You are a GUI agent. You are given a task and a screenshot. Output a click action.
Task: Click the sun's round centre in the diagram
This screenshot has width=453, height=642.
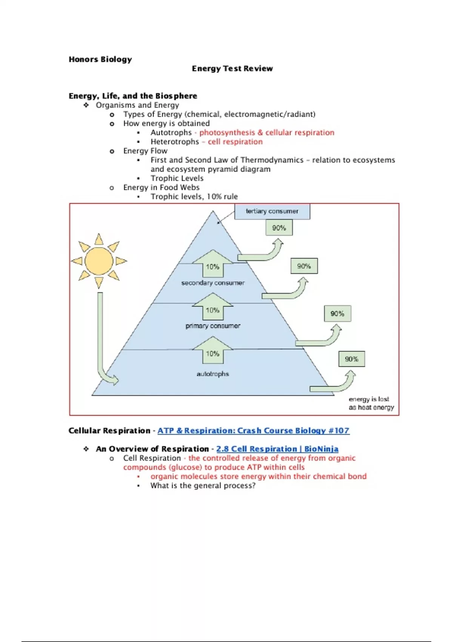pos(99,261)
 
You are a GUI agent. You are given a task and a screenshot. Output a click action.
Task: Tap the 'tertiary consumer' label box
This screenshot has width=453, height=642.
pos(272,211)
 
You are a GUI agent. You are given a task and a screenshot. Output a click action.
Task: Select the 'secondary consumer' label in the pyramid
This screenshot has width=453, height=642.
pos(213,283)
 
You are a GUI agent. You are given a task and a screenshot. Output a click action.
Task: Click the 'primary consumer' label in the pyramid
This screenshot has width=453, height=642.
pos(213,326)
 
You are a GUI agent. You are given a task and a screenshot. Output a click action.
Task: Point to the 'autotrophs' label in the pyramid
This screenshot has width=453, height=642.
pos(213,374)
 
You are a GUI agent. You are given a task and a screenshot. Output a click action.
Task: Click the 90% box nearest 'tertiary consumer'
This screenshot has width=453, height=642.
pos(279,228)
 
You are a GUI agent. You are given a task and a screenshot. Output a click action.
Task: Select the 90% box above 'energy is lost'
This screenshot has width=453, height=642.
pos(351,359)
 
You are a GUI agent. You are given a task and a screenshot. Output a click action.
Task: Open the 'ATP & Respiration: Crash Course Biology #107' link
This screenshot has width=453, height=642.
pos(253,431)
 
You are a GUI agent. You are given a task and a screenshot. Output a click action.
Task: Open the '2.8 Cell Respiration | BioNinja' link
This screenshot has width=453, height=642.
pos(277,449)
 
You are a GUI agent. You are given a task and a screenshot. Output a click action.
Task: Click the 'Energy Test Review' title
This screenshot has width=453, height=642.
pos(232,68)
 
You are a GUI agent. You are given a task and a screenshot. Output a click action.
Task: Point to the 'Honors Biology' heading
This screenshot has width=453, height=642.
pos(100,59)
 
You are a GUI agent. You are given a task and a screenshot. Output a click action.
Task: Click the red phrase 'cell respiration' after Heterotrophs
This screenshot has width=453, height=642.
pos(235,142)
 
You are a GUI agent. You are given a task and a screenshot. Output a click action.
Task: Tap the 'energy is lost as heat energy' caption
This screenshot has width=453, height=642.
pos(371,403)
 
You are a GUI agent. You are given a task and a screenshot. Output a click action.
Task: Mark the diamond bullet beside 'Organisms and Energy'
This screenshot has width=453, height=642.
pos(86,105)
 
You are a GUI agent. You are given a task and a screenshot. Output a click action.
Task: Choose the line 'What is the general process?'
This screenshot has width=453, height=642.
pos(203,486)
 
